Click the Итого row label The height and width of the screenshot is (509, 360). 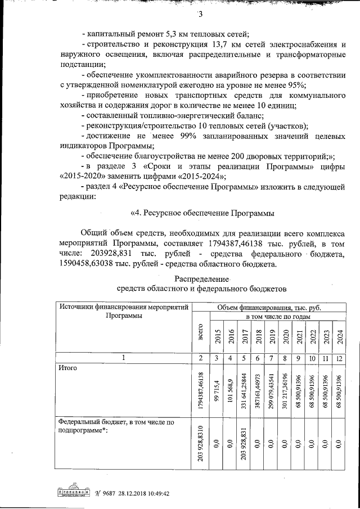pos(67,368)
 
